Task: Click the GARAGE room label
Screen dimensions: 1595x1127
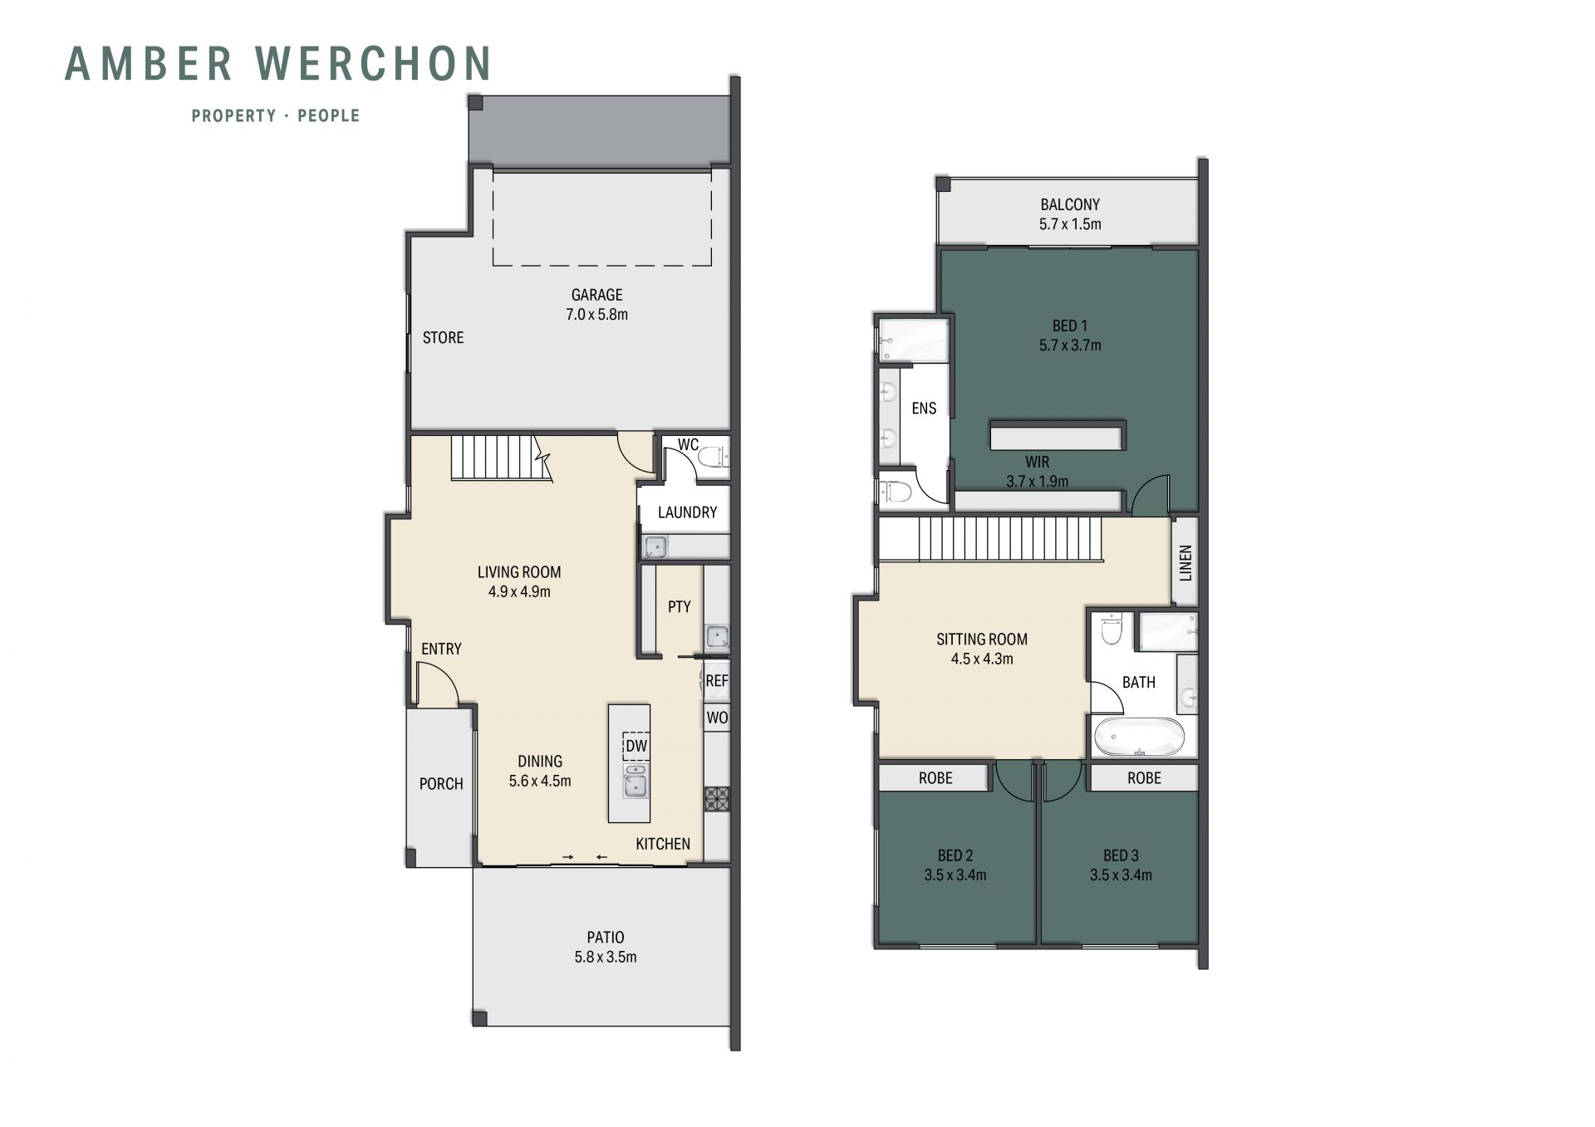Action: click(596, 295)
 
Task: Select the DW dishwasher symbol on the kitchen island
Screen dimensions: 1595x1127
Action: click(636, 746)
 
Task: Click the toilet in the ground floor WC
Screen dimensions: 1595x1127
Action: click(712, 456)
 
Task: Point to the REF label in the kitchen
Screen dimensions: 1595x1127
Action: click(716, 681)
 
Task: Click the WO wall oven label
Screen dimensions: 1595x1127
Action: click(717, 718)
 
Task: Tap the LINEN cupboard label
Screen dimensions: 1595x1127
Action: click(1185, 562)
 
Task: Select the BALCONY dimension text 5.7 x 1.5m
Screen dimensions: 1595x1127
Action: click(1070, 224)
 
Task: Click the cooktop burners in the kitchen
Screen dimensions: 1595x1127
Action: click(717, 799)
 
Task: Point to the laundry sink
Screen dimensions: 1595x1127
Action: click(655, 546)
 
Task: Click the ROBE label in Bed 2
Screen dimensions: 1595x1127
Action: click(935, 778)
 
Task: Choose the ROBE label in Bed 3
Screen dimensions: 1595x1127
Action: click(1144, 778)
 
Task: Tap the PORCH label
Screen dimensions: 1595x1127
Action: click(441, 784)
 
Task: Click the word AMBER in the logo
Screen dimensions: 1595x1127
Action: click(150, 64)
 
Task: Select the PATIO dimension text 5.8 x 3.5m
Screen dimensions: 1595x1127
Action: click(606, 957)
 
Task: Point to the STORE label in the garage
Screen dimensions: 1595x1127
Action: click(443, 337)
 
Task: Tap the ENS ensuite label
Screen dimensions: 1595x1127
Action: click(924, 409)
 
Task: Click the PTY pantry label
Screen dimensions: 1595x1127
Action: click(679, 607)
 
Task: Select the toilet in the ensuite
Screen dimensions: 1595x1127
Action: click(896, 492)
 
